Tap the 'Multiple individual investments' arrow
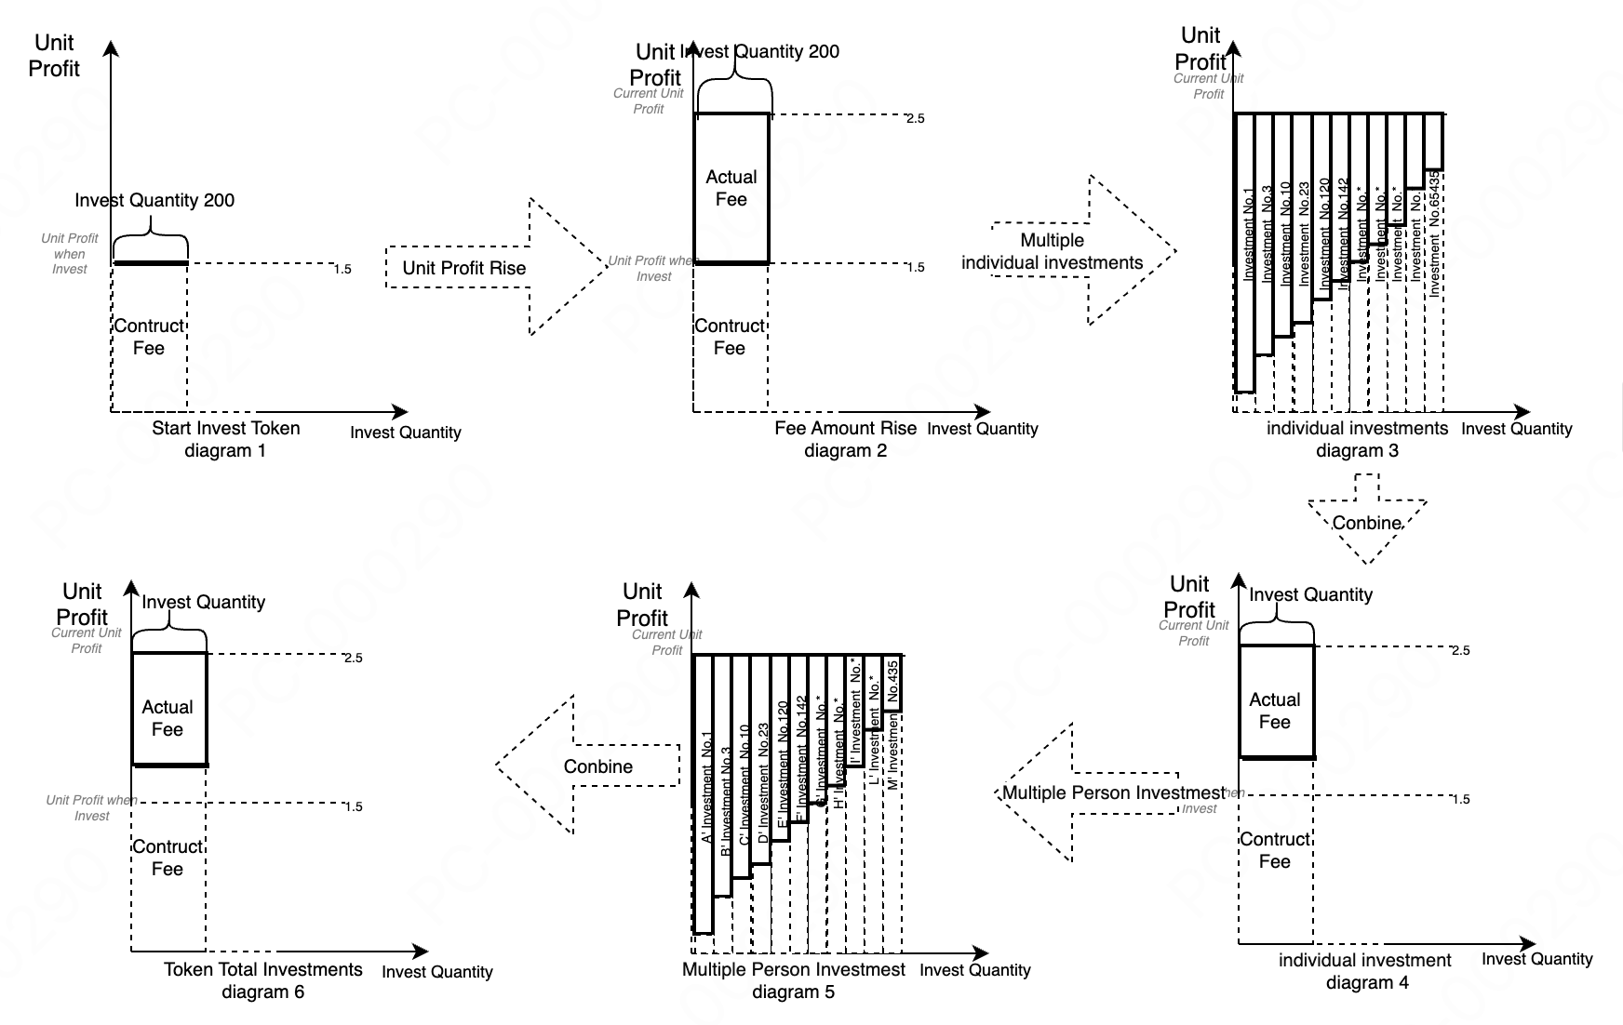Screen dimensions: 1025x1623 pyautogui.click(x=1070, y=251)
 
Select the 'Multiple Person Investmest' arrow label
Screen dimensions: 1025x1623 pyautogui.click(x=1113, y=792)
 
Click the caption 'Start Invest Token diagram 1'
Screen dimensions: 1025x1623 pyautogui.click(x=226, y=439)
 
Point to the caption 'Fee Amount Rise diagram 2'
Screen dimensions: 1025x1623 pyautogui.click(x=845, y=439)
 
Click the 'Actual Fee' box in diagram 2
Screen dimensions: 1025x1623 pyautogui.click(x=731, y=188)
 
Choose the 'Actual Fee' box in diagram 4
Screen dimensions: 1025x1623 pyautogui.click(x=1275, y=711)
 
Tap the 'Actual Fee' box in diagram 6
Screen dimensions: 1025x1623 pyautogui.click(x=168, y=718)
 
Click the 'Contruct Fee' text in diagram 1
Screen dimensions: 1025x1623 pyautogui.click(x=149, y=337)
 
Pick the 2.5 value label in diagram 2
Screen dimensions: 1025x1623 pyautogui.click(x=915, y=118)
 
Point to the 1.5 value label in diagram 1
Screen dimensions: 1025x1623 pyautogui.click(x=342, y=269)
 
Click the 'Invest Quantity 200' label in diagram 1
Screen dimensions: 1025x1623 pyautogui.click(x=154, y=200)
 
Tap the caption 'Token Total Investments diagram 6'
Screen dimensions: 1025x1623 pyautogui.click(x=263, y=980)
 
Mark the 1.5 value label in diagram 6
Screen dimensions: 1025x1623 pyautogui.click(x=353, y=806)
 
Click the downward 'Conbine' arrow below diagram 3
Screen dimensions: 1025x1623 pyautogui.click(x=1366, y=522)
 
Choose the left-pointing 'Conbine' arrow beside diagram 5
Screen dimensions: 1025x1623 pyautogui.click(x=596, y=766)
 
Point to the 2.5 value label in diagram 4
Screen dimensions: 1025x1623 pyautogui.click(x=1460, y=650)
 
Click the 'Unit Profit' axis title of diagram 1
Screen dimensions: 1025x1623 pyautogui.click(x=54, y=56)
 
